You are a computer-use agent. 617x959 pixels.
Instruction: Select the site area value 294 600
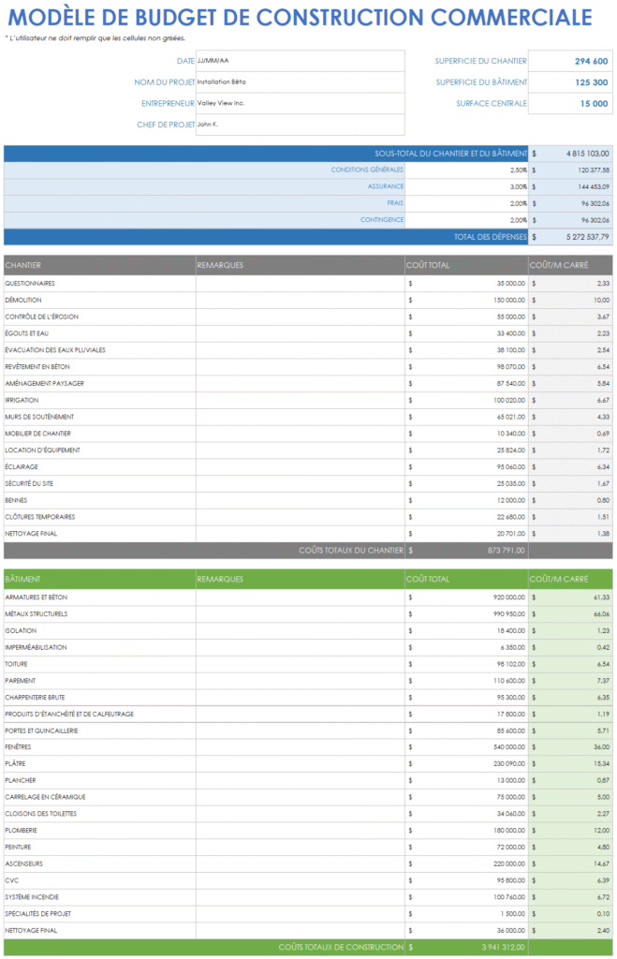point(591,61)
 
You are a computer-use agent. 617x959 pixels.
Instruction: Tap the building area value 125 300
point(591,82)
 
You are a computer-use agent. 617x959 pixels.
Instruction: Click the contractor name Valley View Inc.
point(221,103)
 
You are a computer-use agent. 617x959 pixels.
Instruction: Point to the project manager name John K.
point(208,125)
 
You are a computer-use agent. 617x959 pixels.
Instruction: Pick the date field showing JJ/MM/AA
point(213,61)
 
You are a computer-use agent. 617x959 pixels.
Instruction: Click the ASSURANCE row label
point(386,186)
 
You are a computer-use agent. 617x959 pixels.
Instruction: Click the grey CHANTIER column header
point(22,265)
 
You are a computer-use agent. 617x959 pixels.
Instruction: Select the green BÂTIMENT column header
point(22,579)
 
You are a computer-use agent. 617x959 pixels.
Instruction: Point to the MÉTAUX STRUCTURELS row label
point(37,613)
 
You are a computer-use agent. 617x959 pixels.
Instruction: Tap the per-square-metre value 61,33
point(600,597)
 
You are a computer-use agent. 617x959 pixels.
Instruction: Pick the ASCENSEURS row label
point(24,863)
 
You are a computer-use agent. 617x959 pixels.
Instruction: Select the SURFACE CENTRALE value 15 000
point(594,104)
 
